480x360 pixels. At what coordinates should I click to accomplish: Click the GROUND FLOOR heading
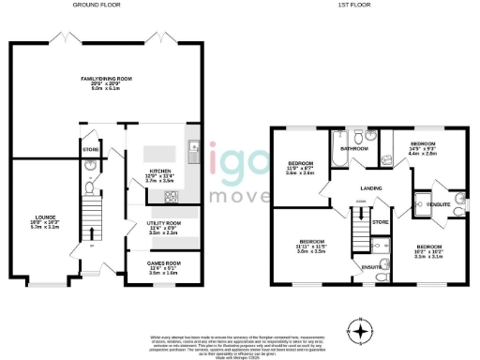[98, 5]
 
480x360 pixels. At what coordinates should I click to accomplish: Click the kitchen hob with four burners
[172, 196]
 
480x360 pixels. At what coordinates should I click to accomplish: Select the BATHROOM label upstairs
[353, 148]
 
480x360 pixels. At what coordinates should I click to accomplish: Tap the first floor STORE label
[379, 222]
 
